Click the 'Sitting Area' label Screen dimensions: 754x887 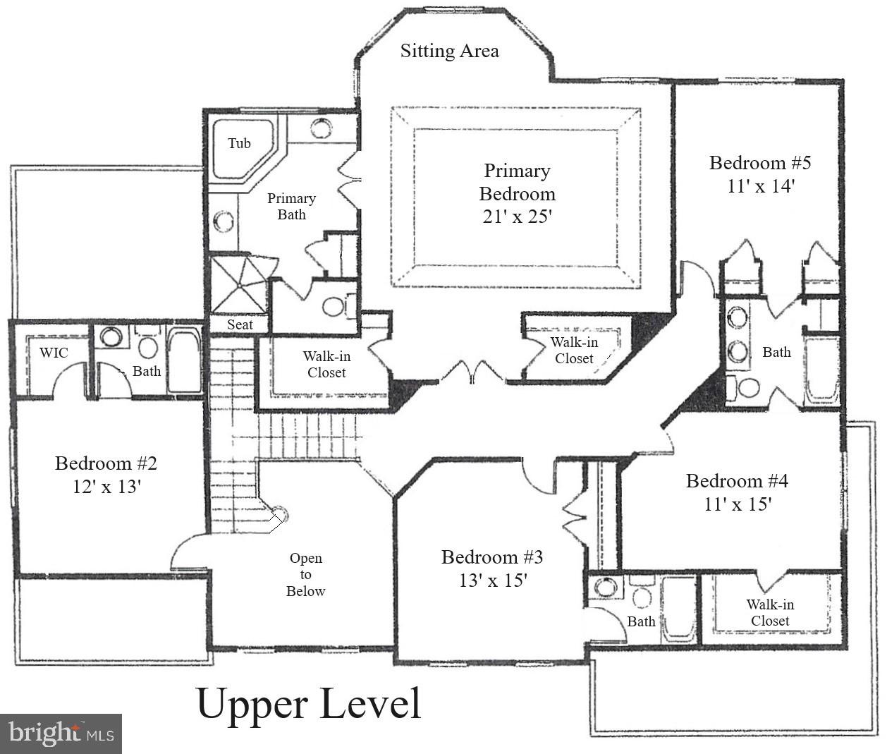pyautogui.click(x=449, y=51)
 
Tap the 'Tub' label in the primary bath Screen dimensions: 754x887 pyautogui.click(x=239, y=143)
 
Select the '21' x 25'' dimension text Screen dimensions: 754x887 pyautogui.click(x=517, y=217)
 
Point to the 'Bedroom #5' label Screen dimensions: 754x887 pyautogui.click(x=759, y=163)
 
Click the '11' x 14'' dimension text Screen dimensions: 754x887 pyautogui.click(x=761, y=186)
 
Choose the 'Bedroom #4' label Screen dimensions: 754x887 pyautogui.click(x=737, y=481)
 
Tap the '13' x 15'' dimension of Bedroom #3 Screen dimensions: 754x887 pyautogui.click(x=492, y=580)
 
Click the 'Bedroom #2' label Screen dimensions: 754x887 pyautogui.click(x=106, y=463)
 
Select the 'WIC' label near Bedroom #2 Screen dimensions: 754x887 pyautogui.click(x=54, y=352)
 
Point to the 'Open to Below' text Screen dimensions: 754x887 pyautogui.click(x=305, y=574)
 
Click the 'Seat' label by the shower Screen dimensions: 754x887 pyautogui.click(x=240, y=324)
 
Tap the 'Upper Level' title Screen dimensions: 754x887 pyautogui.click(x=308, y=703)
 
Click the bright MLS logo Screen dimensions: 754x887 pyautogui.click(x=61, y=734)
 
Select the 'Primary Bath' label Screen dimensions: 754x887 pyautogui.click(x=291, y=206)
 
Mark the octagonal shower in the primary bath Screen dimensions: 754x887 pyautogui.click(x=240, y=284)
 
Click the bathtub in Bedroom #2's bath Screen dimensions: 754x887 pyautogui.click(x=184, y=360)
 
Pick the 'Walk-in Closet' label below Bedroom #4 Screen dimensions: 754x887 pyautogui.click(x=770, y=612)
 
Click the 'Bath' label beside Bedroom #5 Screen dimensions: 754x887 pyautogui.click(x=776, y=352)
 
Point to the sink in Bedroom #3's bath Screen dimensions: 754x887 pyautogui.click(x=604, y=587)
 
